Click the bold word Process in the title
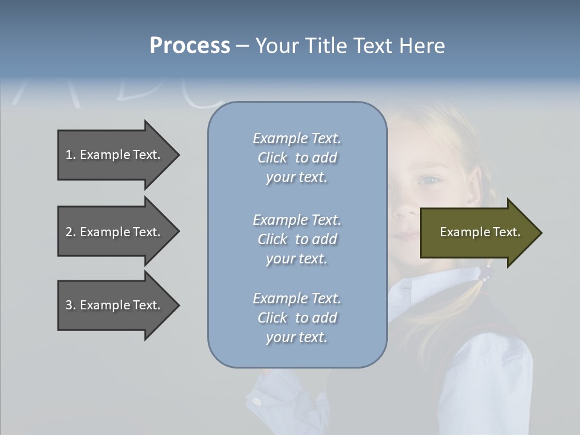[x=190, y=46]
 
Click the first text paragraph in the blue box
[x=297, y=158]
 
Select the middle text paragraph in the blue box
[x=297, y=239]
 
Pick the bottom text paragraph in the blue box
[x=297, y=318]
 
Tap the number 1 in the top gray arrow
[x=69, y=155]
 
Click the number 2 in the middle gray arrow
[x=69, y=232]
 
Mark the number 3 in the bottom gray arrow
[x=69, y=305]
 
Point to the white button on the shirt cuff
[x=257, y=401]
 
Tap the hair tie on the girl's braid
[x=485, y=275]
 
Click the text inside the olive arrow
[x=480, y=232]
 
